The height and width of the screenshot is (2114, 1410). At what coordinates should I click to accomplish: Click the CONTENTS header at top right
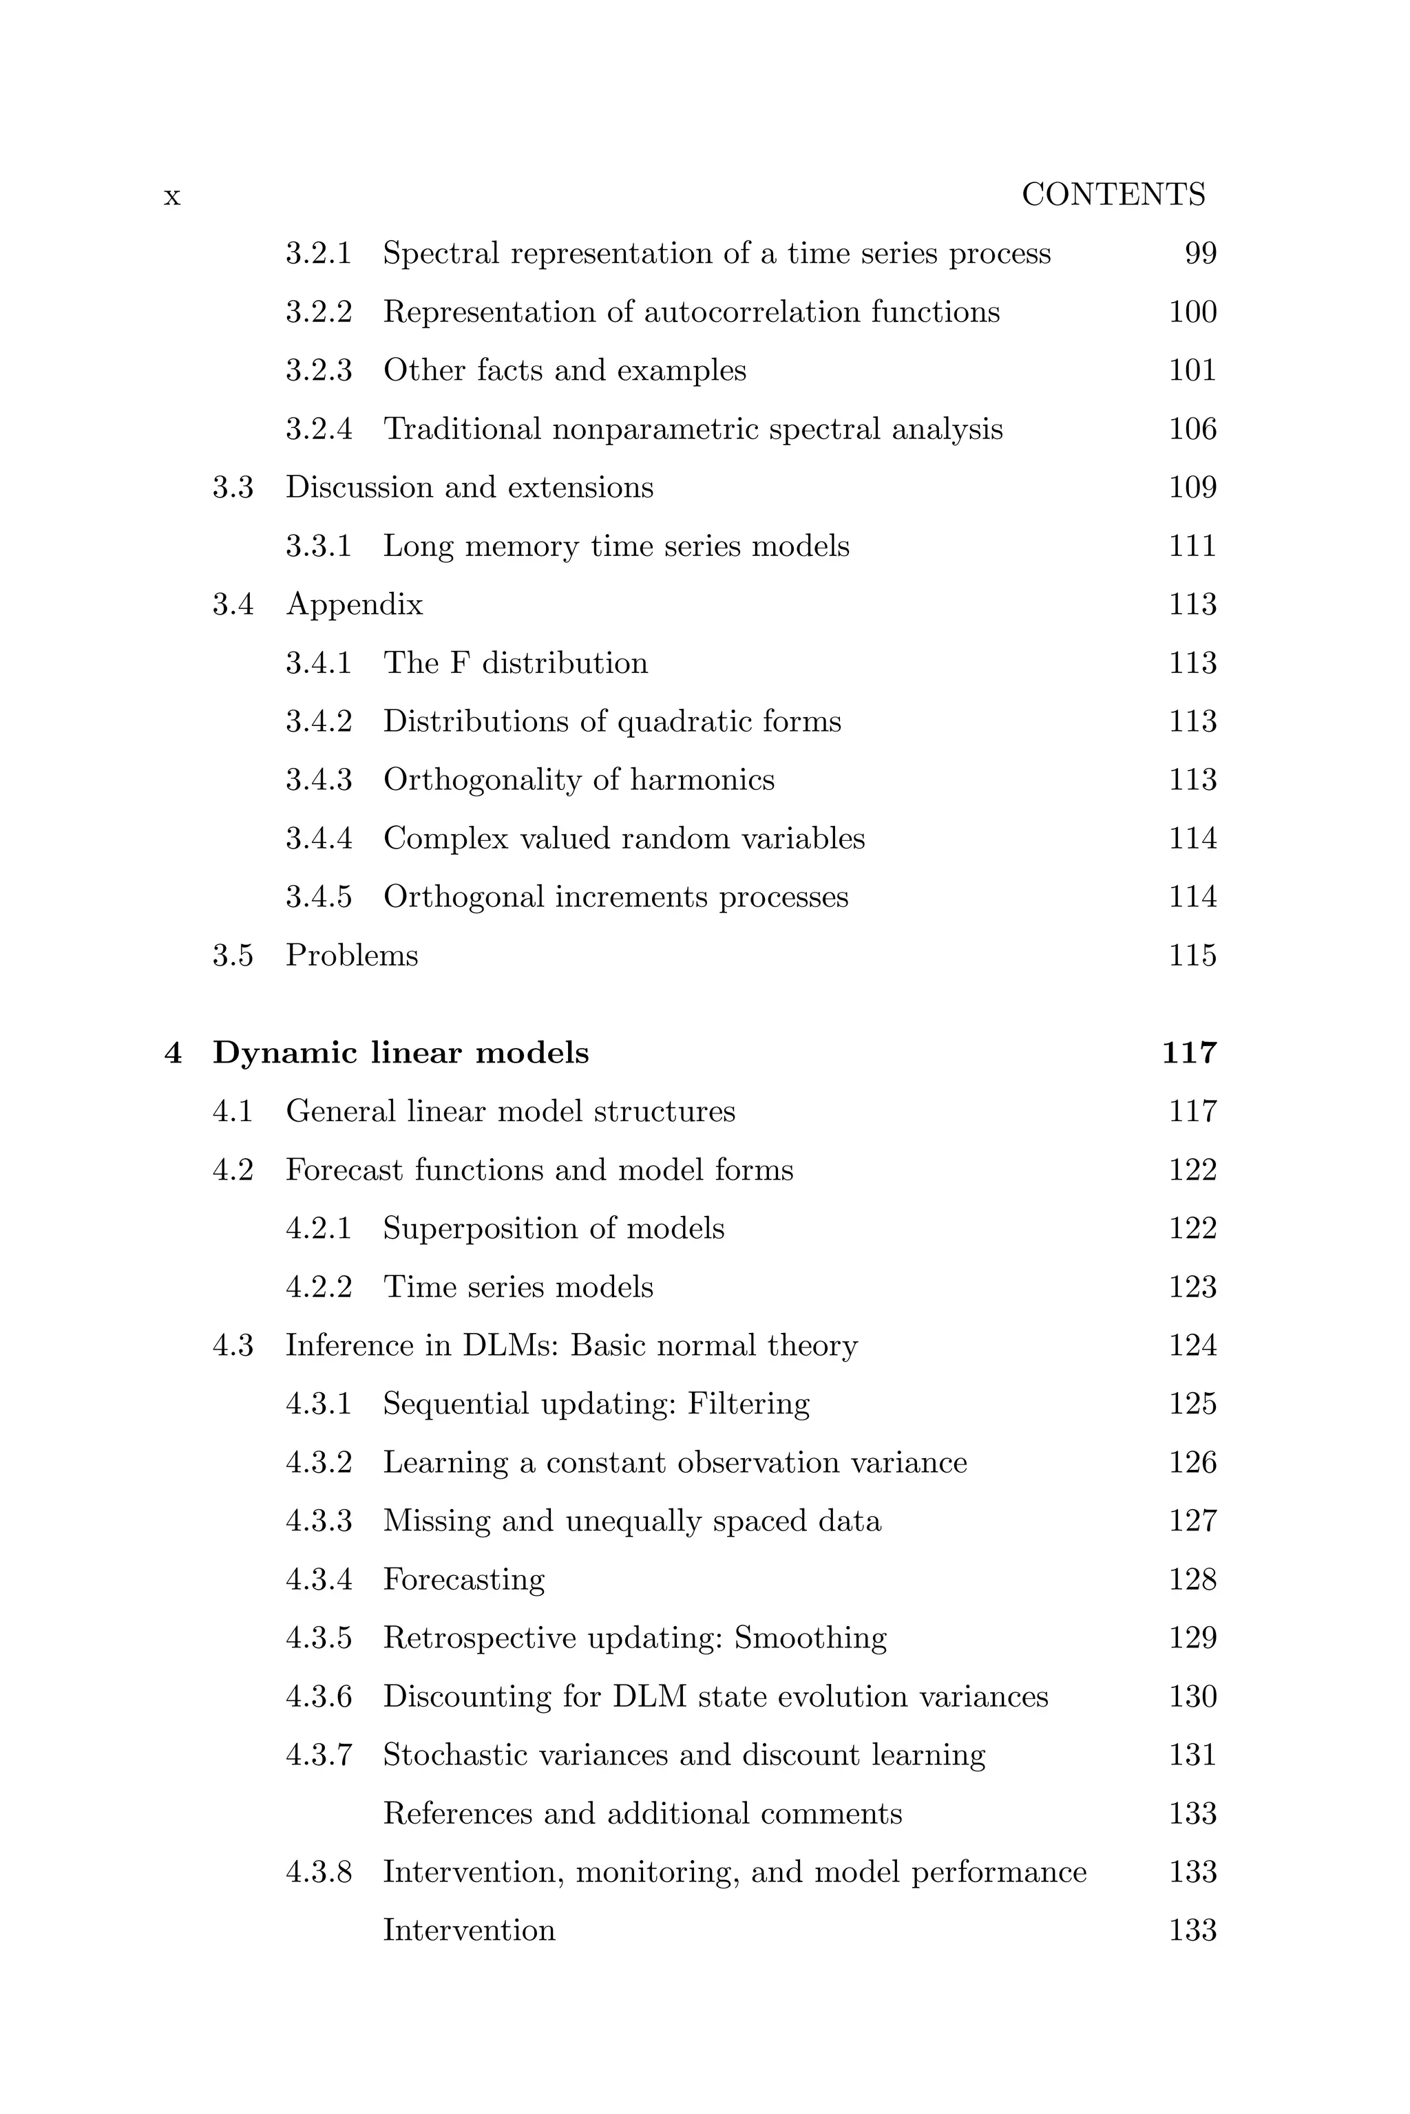(1113, 195)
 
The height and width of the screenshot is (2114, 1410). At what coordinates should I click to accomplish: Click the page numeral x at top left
(171, 196)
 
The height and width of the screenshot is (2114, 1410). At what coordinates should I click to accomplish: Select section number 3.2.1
(318, 253)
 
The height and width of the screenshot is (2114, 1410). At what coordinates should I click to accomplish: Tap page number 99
(1201, 253)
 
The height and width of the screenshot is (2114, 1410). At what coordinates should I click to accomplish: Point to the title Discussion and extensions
(470, 487)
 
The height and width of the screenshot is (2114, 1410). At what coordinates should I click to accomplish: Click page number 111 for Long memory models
(1192, 546)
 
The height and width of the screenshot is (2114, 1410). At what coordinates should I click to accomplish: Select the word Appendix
(355, 605)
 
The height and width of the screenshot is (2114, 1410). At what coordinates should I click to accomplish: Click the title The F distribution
(515, 663)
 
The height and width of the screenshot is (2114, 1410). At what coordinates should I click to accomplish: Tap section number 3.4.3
(318, 779)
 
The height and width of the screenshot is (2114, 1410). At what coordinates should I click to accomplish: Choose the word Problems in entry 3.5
(352, 954)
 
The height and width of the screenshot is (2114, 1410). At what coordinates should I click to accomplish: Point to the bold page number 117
(1189, 1052)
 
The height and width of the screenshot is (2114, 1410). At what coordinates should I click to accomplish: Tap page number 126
(1192, 1462)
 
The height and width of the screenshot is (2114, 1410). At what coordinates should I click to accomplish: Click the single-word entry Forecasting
(464, 1579)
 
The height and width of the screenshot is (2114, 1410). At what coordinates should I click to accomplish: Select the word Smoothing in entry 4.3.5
(810, 1638)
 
